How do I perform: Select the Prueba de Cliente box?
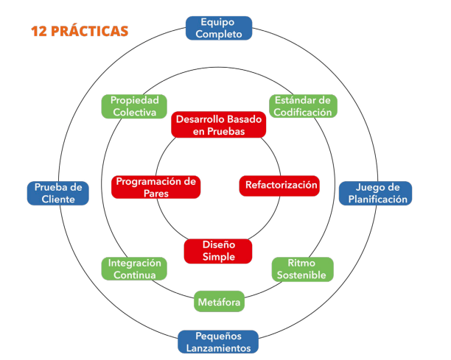click(x=57, y=193)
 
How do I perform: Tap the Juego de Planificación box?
click(x=375, y=193)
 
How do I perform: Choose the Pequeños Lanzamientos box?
click(x=217, y=342)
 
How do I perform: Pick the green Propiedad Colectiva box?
click(x=134, y=106)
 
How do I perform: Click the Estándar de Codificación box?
click(x=301, y=106)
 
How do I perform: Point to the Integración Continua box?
click(x=134, y=269)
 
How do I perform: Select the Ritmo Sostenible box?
click(x=302, y=269)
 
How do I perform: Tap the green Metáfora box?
click(x=219, y=301)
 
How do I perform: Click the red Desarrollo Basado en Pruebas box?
click(x=218, y=124)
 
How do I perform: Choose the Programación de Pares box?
click(x=156, y=187)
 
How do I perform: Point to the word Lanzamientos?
click(x=217, y=347)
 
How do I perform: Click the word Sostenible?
click(x=302, y=275)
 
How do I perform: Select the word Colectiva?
click(x=134, y=113)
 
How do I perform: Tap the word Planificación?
click(x=375, y=199)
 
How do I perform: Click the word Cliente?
click(x=57, y=199)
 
